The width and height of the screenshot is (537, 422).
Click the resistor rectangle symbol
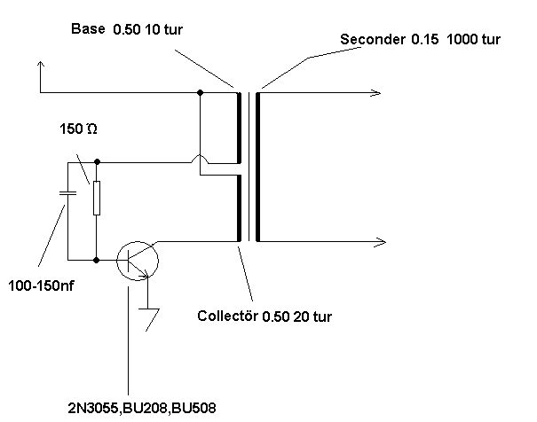pyautogui.click(x=97, y=199)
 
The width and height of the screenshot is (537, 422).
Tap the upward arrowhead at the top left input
pyautogui.click(x=40, y=66)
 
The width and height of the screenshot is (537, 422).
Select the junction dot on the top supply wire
pyautogui.click(x=200, y=92)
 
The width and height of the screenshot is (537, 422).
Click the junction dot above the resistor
pyautogui.click(x=97, y=163)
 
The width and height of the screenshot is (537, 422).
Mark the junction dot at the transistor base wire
pyautogui.click(x=97, y=260)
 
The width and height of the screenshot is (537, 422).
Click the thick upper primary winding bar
pyautogui.click(x=239, y=129)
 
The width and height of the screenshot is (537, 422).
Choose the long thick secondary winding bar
pyautogui.click(x=258, y=167)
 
